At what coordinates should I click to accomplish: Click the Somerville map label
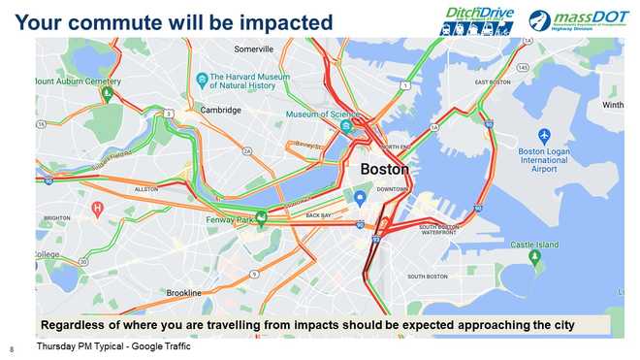(x=255, y=49)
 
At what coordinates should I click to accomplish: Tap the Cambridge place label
(x=220, y=111)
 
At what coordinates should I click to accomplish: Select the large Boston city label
(x=384, y=169)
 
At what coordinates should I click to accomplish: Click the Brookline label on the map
(x=183, y=293)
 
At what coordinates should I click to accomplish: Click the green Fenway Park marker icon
(x=261, y=216)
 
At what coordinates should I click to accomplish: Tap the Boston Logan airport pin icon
(x=544, y=137)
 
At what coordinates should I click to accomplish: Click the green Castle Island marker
(x=534, y=256)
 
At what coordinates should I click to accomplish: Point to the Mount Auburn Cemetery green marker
(x=109, y=94)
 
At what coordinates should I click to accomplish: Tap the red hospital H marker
(x=97, y=208)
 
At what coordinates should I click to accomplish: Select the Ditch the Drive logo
(x=478, y=19)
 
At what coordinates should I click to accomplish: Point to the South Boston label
(x=428, y=277)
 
